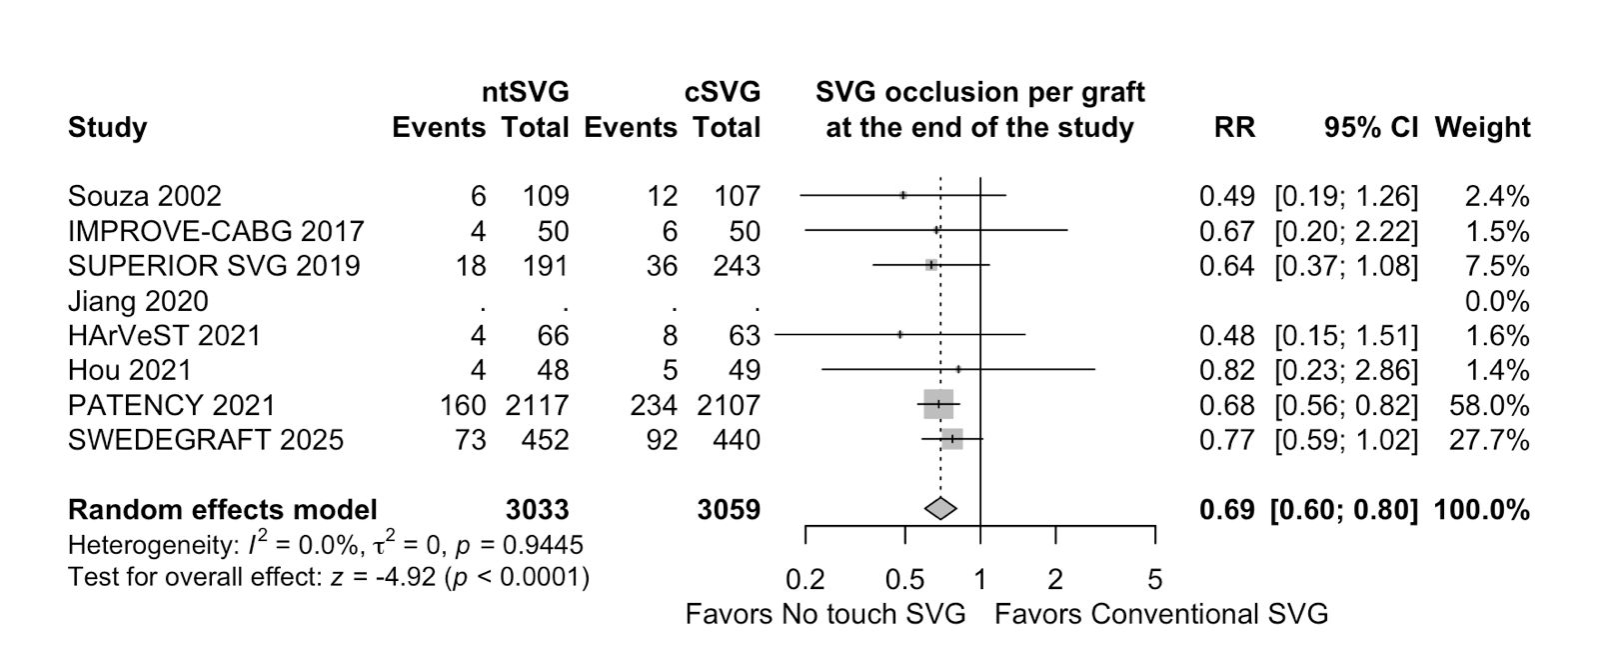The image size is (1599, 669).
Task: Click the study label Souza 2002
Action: click(x=145, y=196)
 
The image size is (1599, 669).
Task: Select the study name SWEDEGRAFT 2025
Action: click(x=205, y=440)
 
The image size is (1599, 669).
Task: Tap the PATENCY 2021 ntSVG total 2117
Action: click(x=537, y=405)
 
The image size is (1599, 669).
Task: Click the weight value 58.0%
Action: click(x=1489, y=405)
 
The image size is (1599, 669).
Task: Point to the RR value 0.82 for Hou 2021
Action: click(x=1226, y=370)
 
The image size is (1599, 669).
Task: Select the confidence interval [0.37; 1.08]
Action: click(x=1345, y=266)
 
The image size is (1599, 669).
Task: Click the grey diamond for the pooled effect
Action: click(x=939, y=509)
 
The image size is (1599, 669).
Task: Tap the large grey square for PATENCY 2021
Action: click(x=938, y=404)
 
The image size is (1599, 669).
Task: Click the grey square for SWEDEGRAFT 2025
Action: click(x=952, y=439)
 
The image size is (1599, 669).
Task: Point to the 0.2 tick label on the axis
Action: click(x=805, y=580)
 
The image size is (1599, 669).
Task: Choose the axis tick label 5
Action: click(x=1155, y=580)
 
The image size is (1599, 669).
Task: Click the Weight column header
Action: click(x=1482, y=128)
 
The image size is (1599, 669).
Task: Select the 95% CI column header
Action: click(x=1370, y=128)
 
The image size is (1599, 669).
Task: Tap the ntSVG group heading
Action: click(x=526, y=93)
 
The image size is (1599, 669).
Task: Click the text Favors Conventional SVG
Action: click(x=1161, y=614)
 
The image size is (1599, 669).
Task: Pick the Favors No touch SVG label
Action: click(x=825, y=614)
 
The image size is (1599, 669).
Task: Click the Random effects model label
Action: click(x=222, y=510)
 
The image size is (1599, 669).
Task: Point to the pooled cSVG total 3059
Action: click(x=729, y=510)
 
